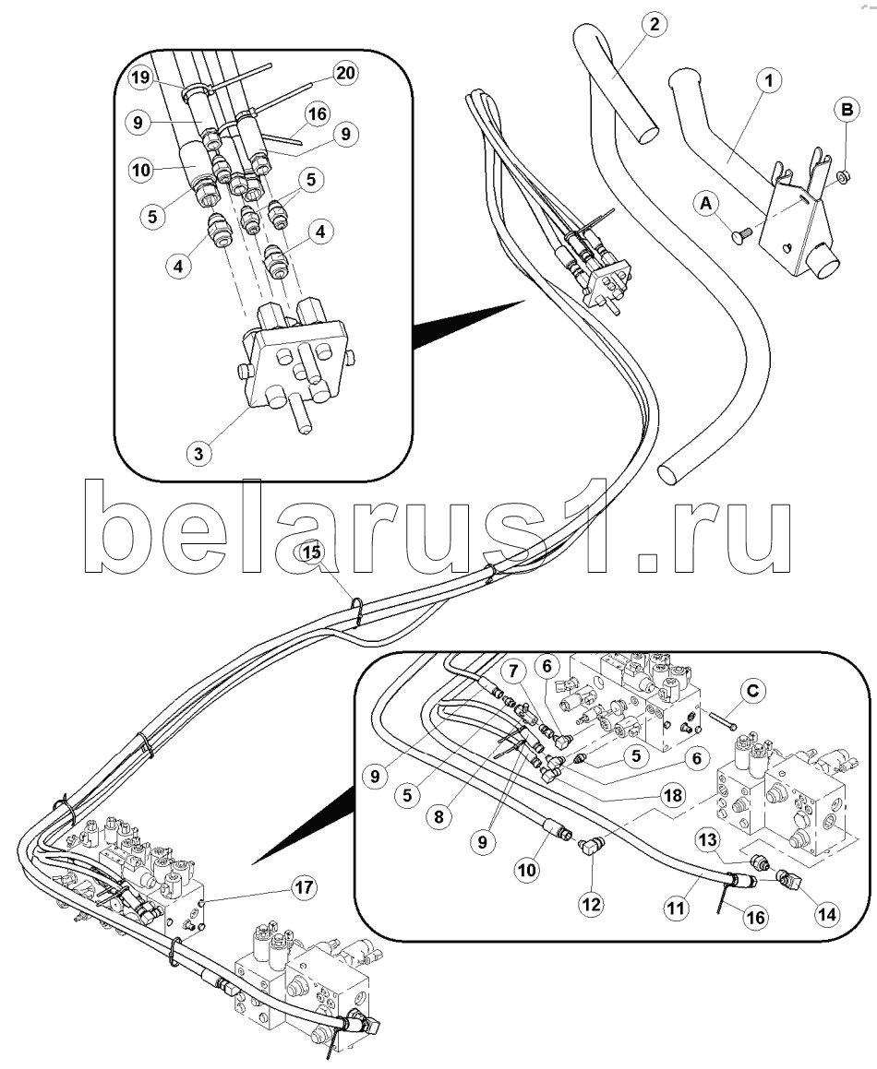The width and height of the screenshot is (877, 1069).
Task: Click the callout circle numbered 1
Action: click(765, 81)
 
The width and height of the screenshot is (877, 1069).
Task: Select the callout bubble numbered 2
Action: click(654, 25)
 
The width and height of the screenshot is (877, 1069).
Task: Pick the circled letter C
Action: click(754, 691)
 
